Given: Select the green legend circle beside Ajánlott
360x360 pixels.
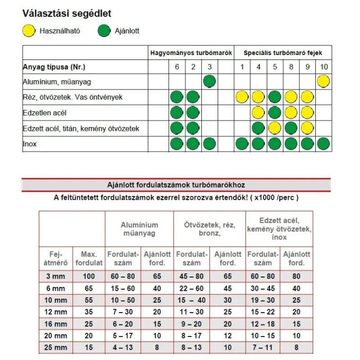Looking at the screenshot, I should coord(104,31).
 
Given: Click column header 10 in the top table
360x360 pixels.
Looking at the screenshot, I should coord(323,67).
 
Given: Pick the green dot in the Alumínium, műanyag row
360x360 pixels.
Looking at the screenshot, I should coord(209,82).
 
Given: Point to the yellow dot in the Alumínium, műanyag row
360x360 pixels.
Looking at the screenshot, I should coord(323,82).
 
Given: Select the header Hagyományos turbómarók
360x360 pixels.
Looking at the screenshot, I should coord(191,53).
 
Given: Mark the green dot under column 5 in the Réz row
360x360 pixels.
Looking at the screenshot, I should coord(275,98).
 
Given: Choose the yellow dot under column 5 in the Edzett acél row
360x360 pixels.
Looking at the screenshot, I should coord(275,129).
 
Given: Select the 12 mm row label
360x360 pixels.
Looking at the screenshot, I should coord(55,312).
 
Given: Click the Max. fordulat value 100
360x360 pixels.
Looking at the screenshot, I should coord(88,277).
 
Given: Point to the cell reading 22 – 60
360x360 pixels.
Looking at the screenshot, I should coord(191,289).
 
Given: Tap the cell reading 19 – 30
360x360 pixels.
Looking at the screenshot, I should coord(263,301).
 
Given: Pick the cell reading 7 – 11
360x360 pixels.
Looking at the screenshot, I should coord(263,347).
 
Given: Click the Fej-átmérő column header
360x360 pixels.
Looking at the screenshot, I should coord(55,259).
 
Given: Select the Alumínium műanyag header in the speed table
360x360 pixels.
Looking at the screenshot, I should coord(140,229).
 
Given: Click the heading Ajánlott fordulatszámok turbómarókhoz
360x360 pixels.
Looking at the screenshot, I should coord(176,185).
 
